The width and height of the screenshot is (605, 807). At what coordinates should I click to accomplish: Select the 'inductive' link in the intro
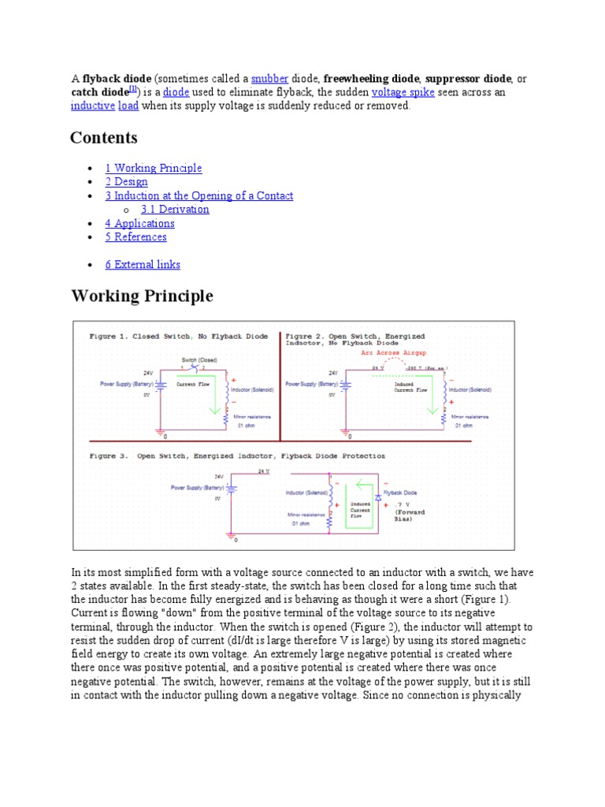tap(92, 106)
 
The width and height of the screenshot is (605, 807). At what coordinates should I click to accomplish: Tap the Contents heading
tap(104, 138)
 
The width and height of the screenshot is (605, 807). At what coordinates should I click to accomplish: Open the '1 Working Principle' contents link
tap(154, 168)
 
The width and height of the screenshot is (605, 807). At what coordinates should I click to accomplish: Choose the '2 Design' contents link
tap(126, 181)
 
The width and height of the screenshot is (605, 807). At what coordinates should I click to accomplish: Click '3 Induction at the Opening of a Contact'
tap(199, 195)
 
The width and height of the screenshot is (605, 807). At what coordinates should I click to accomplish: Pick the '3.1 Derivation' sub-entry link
tap(175, 209)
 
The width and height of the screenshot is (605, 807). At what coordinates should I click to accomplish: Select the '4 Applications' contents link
tap(139, 223)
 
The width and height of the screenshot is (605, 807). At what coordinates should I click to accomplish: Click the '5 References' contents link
tap(135, 236)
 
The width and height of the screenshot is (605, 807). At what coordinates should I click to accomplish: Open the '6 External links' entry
tap(143, 264)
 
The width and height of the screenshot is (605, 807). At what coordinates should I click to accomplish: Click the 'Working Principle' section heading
tap(142, 296)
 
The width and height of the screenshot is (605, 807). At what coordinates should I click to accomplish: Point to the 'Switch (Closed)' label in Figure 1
tap(199, 360)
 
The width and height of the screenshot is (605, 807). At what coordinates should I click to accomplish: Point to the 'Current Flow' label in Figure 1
tap(191, 385)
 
